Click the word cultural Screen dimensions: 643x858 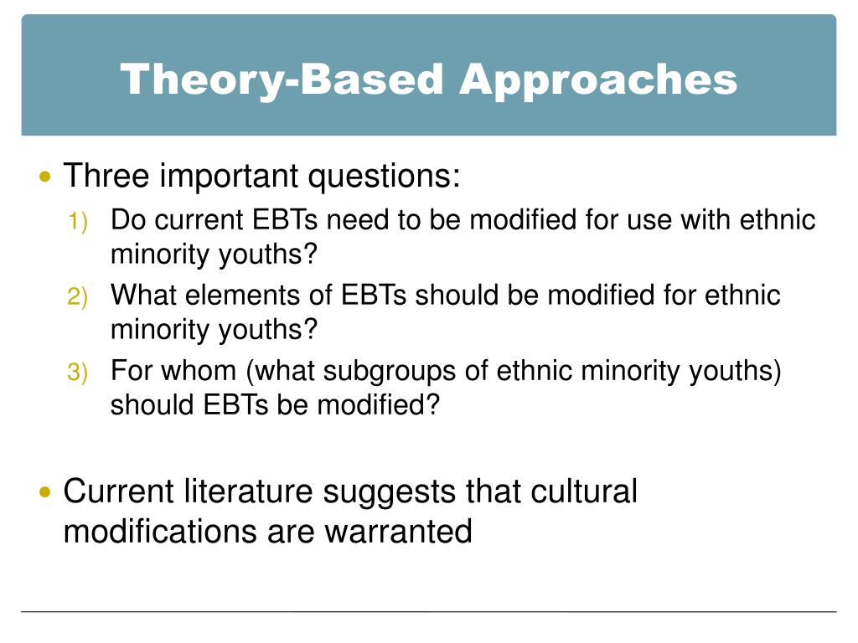click(584, 491)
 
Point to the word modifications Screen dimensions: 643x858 click(161, 532)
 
